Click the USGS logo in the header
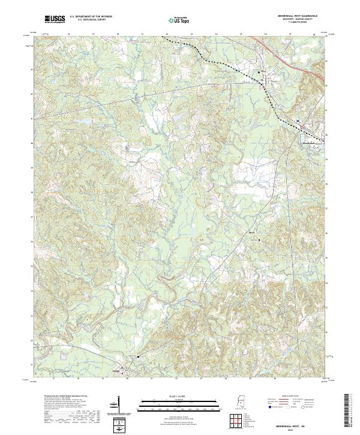[x=55, y=19]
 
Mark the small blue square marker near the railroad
[x=297, y=120]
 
